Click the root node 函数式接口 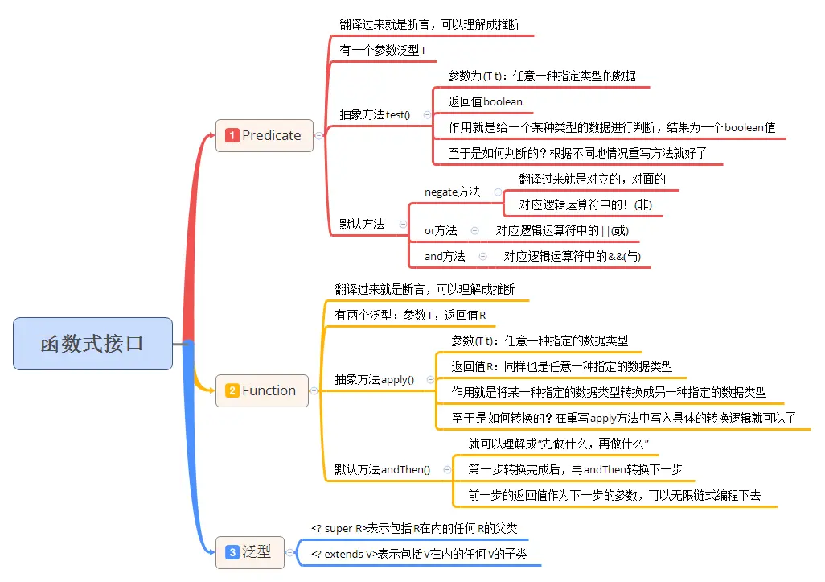coord(92,344)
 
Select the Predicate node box coord(265,135)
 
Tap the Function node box coord(262,390)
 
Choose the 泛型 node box coord(250,552)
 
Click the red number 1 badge coord(232,135)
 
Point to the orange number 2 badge coord(232,390)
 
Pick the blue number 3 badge coord(232,552)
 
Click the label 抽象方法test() coord(375,114)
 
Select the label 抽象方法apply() coord(375,379)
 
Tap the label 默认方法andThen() coord(382,469)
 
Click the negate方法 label coord(452,192)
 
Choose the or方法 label coord(441,230)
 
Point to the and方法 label coord(445,256)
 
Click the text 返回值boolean coord(485,101)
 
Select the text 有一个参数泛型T coord(383,50)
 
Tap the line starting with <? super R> coord(413,528)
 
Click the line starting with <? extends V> coord(419,554)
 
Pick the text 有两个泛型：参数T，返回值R coord(410,315)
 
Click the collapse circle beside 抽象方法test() coord(427,114)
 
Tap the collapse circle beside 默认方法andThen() coord(447,469)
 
